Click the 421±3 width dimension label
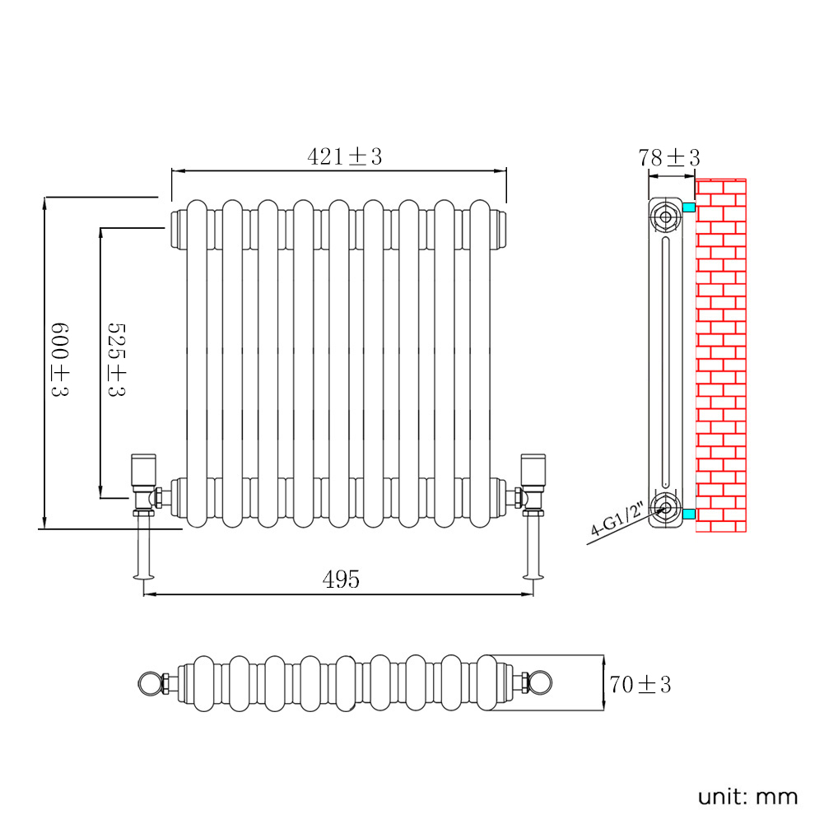point(345,156)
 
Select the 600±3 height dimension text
point(58,360)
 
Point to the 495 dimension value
point(341,580)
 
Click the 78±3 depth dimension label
point(668,158)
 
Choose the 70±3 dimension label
point(640,684)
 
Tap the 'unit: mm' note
point(747,796)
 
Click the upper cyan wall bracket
point(688,207)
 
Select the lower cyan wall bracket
point(688,514)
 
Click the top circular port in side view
point(664,218)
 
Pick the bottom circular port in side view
point(664,505)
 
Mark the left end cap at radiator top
point(177,228)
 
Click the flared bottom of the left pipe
point(145,575)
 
